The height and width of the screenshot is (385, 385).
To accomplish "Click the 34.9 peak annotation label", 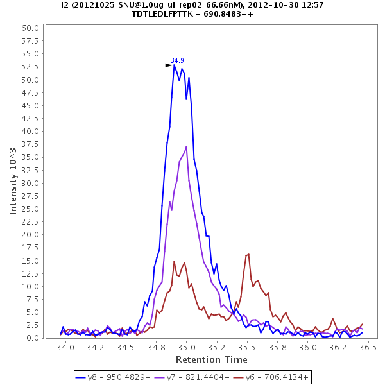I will tap(176, 60).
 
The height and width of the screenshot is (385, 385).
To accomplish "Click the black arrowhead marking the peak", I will tap(168, 65).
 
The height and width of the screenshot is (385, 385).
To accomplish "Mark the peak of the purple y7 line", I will tap(187, 146).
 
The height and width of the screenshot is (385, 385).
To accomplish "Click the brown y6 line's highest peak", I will tap(248, 254).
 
